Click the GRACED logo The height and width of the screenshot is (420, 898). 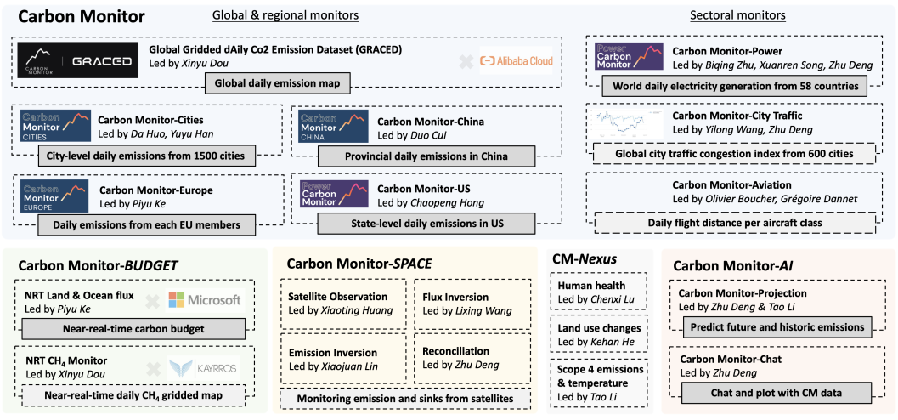[x=77, y=61]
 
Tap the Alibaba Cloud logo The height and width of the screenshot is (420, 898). [x=516, y=60]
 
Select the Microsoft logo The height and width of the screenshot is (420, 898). [x=205, y=299]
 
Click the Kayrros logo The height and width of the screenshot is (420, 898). [x=205, y=366]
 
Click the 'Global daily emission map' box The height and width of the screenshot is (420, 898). [x=277, y=82]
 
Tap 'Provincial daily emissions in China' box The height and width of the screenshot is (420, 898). [x=426, y=156]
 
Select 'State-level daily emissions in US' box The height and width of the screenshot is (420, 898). [x=426, y=224]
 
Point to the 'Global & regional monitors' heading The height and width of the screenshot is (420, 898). [x=285, y=15]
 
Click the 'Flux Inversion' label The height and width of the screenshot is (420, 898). [x=455, y=297]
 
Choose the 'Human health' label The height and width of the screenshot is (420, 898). [x=591, y=286]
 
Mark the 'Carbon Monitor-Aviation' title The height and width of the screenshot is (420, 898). [x=731, y=184]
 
